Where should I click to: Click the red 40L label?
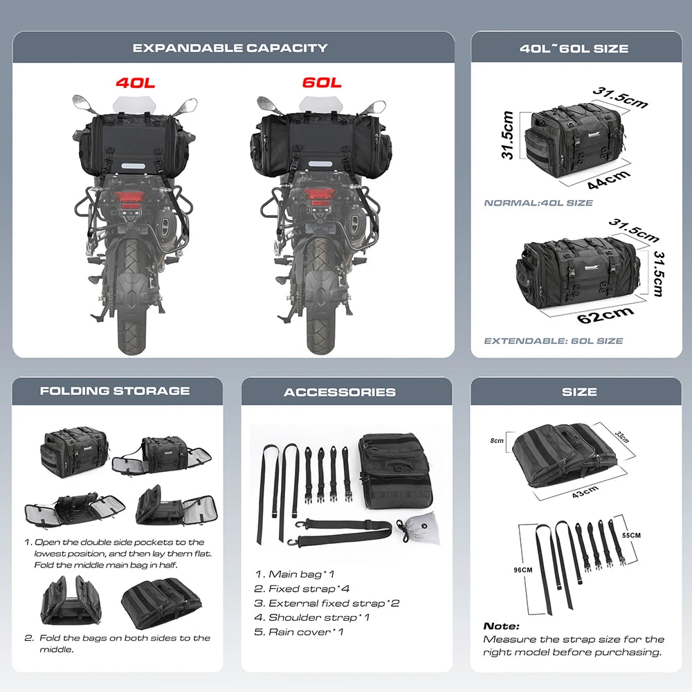click(x=136, y=83)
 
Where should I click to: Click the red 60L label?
click(x=322, y=83)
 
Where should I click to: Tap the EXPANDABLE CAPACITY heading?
click(x=230, y=48)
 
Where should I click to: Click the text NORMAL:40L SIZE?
click(x=538, y=203)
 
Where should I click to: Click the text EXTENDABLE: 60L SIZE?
click(x=553, y=340)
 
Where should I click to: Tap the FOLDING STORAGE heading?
click(x=115, y=391)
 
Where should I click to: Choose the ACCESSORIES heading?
click(x=340, y=392)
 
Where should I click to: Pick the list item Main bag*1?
click(x=295, y=574)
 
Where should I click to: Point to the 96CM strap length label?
click(x=523, y=570)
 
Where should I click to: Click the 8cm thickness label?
click(x=497, y=440)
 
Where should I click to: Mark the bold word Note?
click(x=501, y=626)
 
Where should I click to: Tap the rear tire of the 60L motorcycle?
click(x=321, y=291)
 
